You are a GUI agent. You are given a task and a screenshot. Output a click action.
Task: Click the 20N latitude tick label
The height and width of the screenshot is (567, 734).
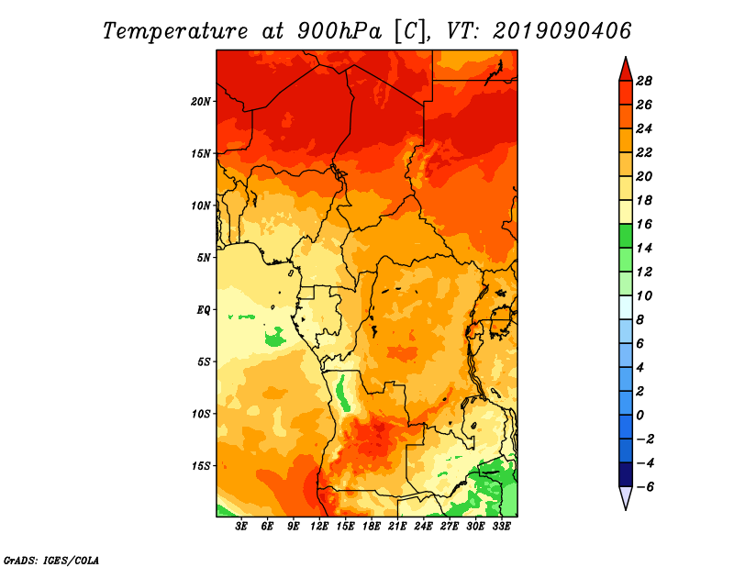pos(201,101)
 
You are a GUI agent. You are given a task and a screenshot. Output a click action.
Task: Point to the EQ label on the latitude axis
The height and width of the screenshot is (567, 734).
pos(204,309)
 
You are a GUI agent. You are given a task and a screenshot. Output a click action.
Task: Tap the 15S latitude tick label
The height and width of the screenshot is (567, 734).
pos(201,466)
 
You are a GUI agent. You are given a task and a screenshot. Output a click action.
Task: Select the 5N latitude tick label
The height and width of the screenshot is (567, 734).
pos(204,258)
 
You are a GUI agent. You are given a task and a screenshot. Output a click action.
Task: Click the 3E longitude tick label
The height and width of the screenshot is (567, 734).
pos(241,527)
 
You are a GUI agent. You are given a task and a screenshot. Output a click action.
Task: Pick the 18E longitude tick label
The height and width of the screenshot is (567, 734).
pos(372,527)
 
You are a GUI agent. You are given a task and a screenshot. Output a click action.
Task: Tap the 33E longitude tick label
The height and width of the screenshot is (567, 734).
pos(501,527)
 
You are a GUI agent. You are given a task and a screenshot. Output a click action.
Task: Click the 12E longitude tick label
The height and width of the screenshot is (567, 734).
pos(319,527)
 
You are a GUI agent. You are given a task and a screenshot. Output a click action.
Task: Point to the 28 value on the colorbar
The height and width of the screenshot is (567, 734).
pos(644,81)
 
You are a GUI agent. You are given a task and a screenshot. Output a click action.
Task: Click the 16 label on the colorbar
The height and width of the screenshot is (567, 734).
pos(644,224)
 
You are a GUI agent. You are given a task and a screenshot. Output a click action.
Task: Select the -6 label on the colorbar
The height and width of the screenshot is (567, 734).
pos(645,487)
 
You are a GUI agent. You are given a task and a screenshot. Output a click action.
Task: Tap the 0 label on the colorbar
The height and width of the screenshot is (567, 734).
pos(639,416)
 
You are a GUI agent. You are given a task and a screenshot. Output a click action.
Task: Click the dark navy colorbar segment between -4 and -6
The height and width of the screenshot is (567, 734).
pos(626,474)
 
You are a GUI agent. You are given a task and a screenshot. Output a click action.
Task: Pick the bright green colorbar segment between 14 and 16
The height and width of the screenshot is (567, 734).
pos(626,236)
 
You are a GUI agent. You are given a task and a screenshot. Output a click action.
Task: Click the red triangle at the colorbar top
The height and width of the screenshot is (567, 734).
pos(626,70)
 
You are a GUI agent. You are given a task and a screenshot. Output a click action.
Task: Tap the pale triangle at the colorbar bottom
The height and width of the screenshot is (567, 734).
pos(626,498)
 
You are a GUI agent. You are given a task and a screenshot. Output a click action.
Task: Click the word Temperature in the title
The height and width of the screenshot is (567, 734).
pos(174,31)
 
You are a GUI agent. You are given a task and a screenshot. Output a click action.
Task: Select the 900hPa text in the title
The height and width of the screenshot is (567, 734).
pos(339,31)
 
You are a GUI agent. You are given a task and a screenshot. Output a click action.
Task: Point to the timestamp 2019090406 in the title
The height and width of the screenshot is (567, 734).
pos(562,31)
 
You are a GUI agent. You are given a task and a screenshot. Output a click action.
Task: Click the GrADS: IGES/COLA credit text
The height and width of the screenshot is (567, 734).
pos(51,561)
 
